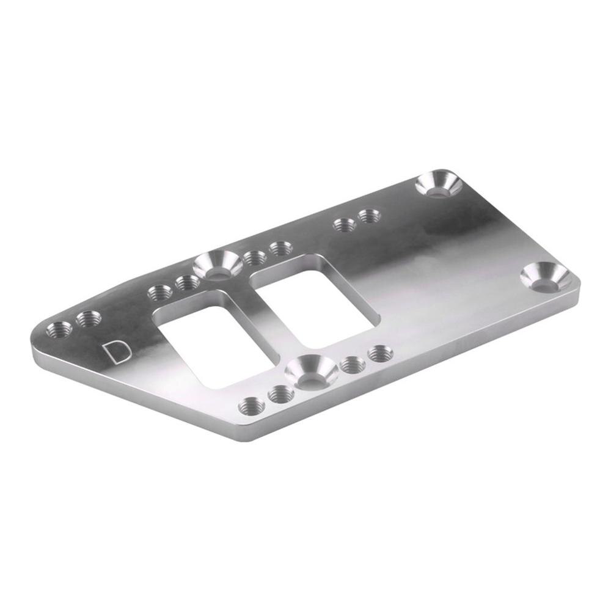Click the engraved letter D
pyautogui.click(x=115, y=352)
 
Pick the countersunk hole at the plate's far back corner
pyautogui.click(x=439, y=184)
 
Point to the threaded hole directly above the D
pyautogui.click(x=89, y=318)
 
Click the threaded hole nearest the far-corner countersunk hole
pyautogui.click(x=369, y=216)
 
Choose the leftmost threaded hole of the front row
pyautogui.click(x=251, y=404)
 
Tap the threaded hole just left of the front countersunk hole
pyautogui.click(x=280, y=394)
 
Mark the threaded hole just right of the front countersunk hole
pyautogui.click(x=353, y=365)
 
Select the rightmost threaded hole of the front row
pyautogui.click(x=379, y=353)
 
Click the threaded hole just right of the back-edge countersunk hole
pyautogui.click(x=254, y=258)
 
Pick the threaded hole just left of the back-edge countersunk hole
pyautogui.click(x=186, y=282)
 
